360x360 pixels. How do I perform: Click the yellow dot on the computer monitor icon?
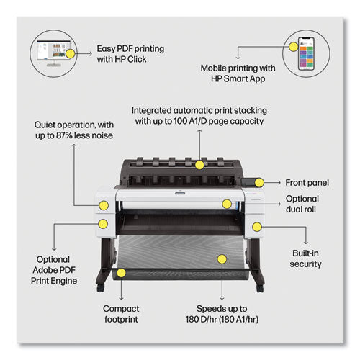pyautogui.click(x=70, y=53)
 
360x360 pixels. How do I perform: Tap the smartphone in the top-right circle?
pyautogui.click(x=306, y=53)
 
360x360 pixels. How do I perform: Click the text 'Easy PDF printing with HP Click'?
pyautogui.click(x=130, y=54)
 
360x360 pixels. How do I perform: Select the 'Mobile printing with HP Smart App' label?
pyautogui.click(x=238, y=73)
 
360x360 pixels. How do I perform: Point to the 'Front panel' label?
pyautogui.click(x=307, y=183)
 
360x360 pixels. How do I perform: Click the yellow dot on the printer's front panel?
pyautogui.click(x=259, y=183)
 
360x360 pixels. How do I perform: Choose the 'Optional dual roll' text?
pyautogui.click(x=302, y=204)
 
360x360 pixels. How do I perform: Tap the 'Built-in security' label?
pyautogui.click(x=305, y=258)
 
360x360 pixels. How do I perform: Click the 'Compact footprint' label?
pyautogui.click(x=121, y=314)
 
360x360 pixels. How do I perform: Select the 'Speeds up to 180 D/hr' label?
pyautogui.click(x=222, y=314)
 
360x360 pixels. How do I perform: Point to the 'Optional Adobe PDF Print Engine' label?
pyautogui.click(x=54, y=270)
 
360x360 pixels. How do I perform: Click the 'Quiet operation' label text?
pyautogui.click(x=74, y=130)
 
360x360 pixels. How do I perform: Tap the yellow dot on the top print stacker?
pyautogui.click(x=199, y=165)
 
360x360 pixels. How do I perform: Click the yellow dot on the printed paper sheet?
pyautogui.click(x=222, y=259)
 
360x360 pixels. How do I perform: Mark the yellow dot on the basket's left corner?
pyautogui.click(x=121, y=273)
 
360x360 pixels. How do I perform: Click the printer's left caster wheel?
pyautogui.click(x=100, y=288)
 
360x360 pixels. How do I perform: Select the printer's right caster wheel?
pyautogui.click(x=260, y=288)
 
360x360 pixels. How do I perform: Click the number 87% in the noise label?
pyautogui.click(x=64, y=135)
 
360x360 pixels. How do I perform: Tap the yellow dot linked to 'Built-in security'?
pyautogui.click(x=257, y=227)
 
